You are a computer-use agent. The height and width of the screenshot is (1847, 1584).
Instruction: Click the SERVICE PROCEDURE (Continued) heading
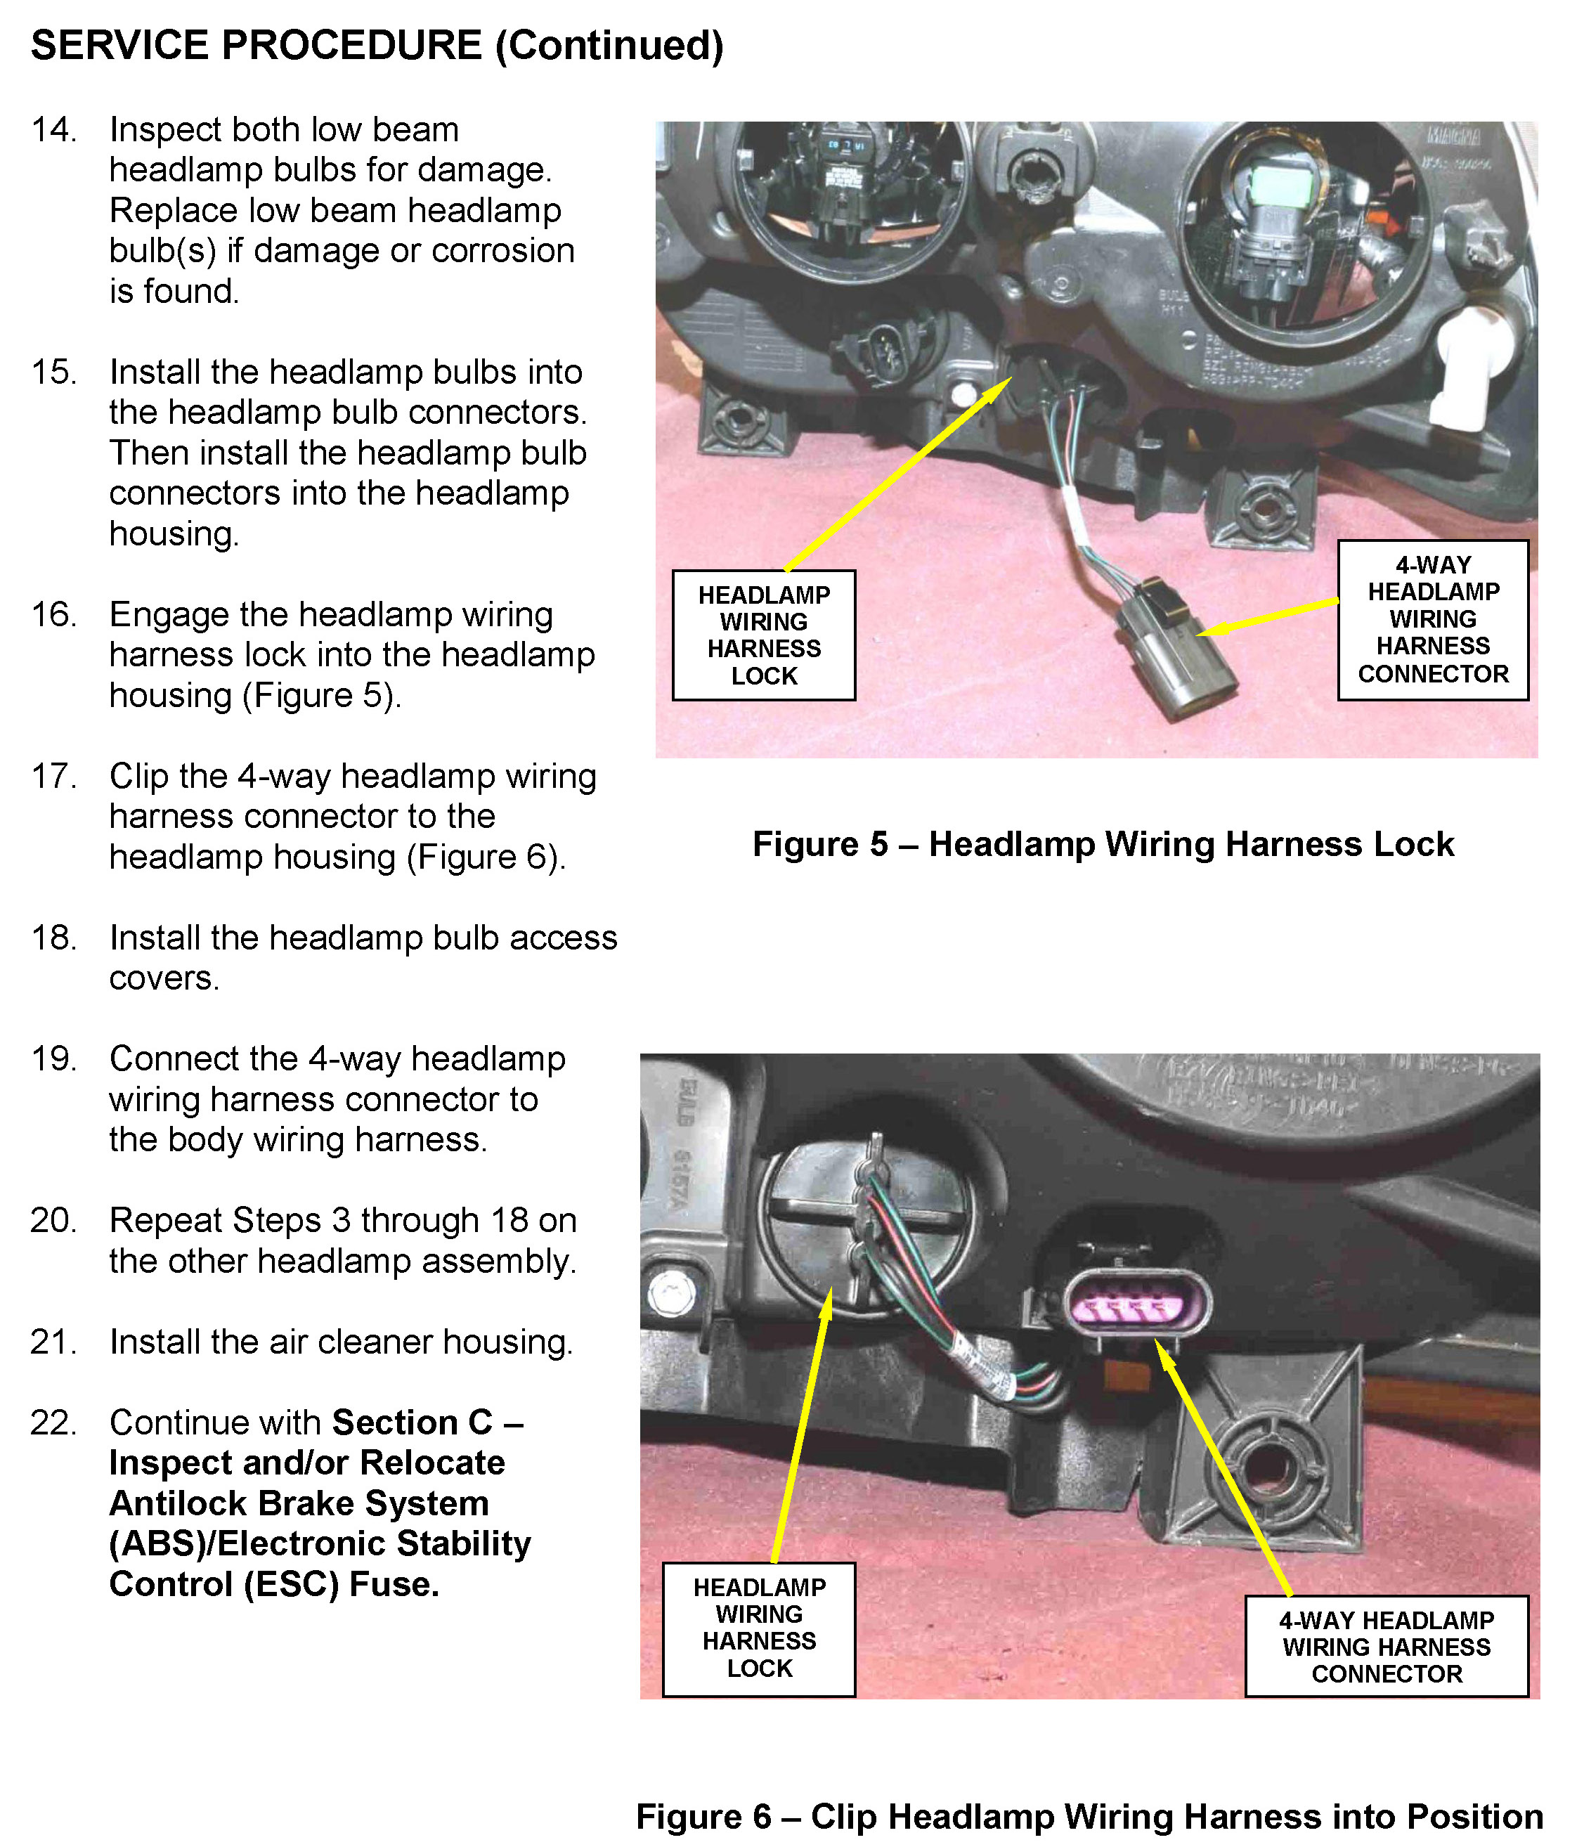point(377,46)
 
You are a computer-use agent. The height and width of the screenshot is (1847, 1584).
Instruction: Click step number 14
point(53,130)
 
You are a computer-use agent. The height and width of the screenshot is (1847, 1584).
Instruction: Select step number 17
point(53,777)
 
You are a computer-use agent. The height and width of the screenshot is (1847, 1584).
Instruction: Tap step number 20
point(53,1220)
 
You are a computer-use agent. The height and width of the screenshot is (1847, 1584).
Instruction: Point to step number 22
point(53,1422)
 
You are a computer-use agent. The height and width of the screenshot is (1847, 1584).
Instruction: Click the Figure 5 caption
point(1103,843)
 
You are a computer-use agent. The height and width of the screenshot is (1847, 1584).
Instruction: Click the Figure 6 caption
point(1089,1817)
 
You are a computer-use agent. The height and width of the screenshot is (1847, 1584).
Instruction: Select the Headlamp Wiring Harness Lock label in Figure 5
point(764,635)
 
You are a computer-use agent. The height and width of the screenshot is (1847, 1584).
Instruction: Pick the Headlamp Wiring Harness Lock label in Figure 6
point(758,1628)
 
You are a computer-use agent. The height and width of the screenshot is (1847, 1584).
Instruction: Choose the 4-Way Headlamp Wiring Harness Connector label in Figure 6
point(1386,1647)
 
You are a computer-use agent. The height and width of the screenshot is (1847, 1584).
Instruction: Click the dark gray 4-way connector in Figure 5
point(1179,655)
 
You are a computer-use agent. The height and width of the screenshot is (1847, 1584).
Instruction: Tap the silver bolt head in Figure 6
point(666,1292)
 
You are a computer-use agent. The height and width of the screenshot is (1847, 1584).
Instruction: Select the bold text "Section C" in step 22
point(412,1422)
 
